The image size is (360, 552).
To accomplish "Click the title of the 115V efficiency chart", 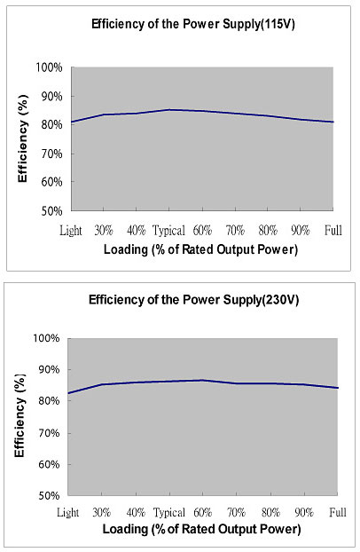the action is pyautogui.click(x=192, y=25).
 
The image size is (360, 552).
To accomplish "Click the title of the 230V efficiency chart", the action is pyautogui.click(x=193, y=300).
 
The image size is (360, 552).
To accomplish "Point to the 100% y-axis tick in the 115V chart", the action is pyautogui.click(x=50, y=67).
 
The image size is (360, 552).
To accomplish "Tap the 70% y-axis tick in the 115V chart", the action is pyautogui.click(x=51, y=154).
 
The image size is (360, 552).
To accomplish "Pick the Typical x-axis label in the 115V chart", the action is pyautogui.click(x=168, y=231).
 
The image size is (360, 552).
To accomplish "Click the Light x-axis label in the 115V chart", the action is pyautogui.click(x=71, y=231).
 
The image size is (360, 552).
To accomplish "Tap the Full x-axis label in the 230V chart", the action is pyautogui.click(x=338, y=512).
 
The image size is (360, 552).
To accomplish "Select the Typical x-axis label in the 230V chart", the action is pyautogui.click(x=169, y=513).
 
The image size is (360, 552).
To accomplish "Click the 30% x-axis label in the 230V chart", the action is pyautogui.click(x=102, y=512).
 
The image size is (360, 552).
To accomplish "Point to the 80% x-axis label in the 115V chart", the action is pyautogui.click(x=268, y=231).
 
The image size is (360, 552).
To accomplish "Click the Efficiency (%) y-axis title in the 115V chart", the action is pyautogui.click(x=22, y=138).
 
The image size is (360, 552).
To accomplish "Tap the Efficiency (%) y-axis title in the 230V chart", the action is pyautogui.click(x=20, y=415).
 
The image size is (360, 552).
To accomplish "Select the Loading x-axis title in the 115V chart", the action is pyautogui.click(x=201, y=249).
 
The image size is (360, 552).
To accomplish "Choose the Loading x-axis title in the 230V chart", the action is pyautogui.click(x=201, y=529).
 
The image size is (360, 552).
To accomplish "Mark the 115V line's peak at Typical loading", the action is pyautogui.click(x=169, y=110).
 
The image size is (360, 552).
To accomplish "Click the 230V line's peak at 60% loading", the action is pyautogui.click(x=203, y=380).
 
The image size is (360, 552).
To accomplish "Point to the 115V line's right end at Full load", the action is pyautogui.click(x=333, y=122).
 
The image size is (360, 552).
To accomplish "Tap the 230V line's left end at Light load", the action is pyautogui.click(x=68, y=393).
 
